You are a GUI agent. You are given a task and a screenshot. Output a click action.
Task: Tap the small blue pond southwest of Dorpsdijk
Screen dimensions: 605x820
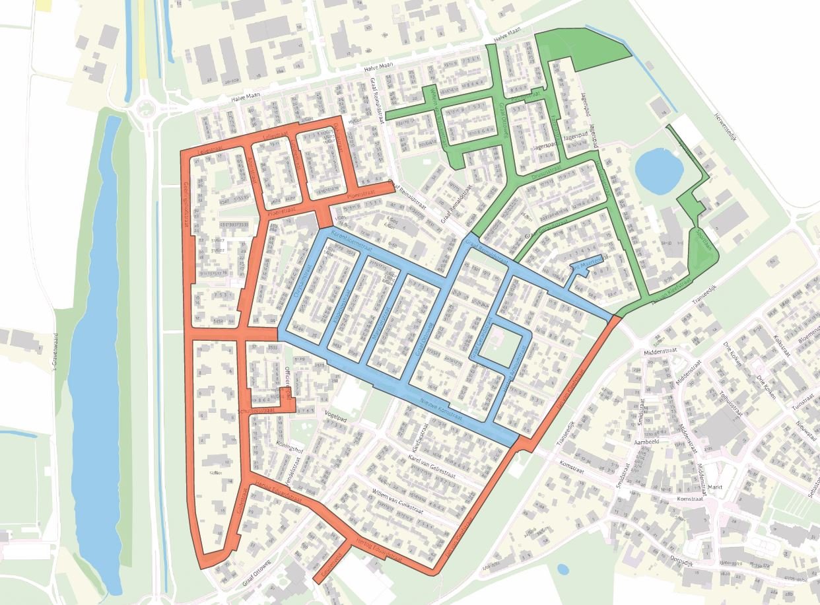click(x=563, y=568)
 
